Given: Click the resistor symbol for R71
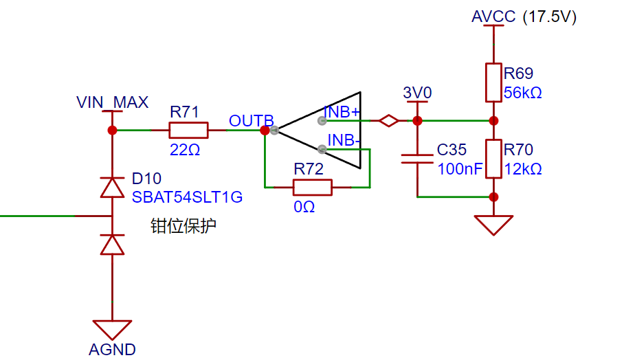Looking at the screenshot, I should click(x=188, y=130).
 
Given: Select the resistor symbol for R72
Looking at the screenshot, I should click(x=313, y=187).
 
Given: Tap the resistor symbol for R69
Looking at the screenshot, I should click(x=493, y=82).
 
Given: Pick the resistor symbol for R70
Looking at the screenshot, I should click(x=493, y=159).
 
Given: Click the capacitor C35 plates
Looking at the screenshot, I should click(x=417, y=159).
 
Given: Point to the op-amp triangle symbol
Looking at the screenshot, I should click(x=323, y=130).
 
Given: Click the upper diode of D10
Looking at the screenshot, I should click(x=112, y=187).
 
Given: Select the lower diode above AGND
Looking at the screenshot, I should click(x=112, y=244).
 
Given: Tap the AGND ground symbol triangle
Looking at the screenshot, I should click(x=112, y=329).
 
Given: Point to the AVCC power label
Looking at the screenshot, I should click(x=493, y=16).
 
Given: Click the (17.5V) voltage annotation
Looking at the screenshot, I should click(x=549, y=17).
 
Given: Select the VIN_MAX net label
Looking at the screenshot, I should click(x=112, y=103).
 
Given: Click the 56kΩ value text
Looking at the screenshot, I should click(x=523, y=93).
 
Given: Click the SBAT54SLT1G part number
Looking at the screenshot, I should click(x=187, y=197).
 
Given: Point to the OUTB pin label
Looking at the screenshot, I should click(x=251, y=121).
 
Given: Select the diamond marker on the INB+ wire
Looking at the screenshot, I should click(x=389, y=121).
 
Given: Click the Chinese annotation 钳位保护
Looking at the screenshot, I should click(x=183, y=226).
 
